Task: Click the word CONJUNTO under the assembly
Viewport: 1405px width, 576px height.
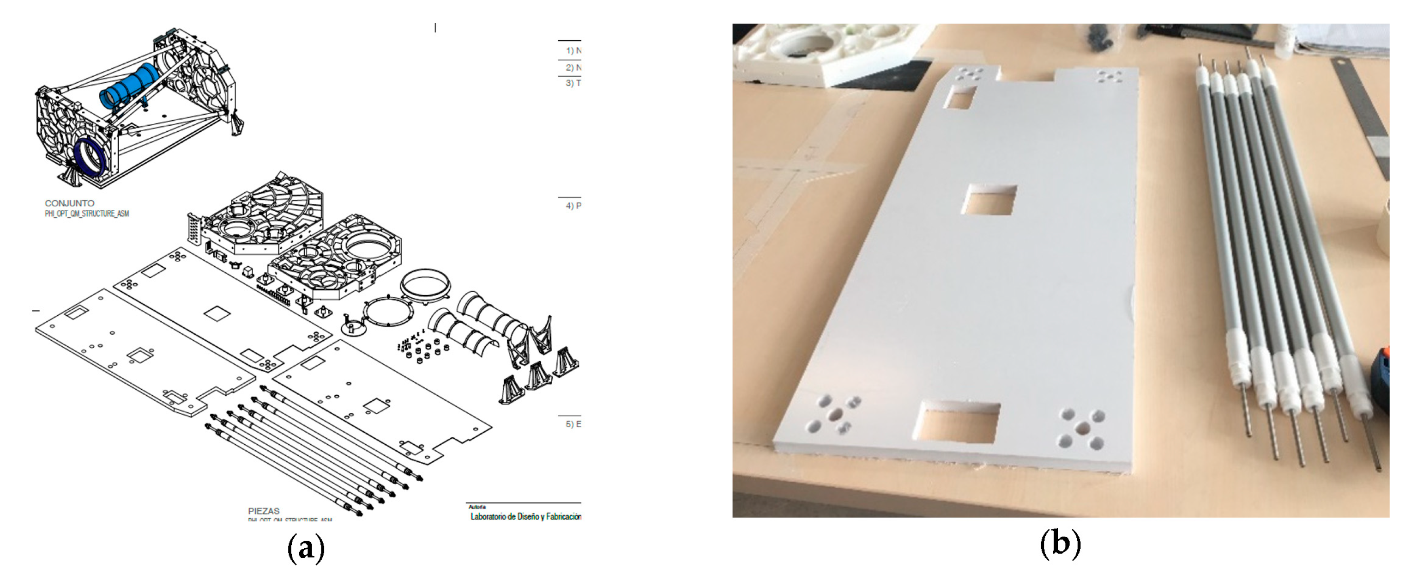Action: (69, 203)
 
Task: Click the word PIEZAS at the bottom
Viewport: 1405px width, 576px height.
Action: (264, 511)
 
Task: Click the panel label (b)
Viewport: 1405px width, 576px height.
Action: (1060, 544)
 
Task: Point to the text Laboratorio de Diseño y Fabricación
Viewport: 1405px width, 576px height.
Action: (525, 516)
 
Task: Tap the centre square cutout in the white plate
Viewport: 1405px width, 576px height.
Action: (989, 200)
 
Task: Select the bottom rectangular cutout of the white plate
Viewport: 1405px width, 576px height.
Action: (956, 422)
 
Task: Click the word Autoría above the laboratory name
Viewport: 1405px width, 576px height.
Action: (476, 507)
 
